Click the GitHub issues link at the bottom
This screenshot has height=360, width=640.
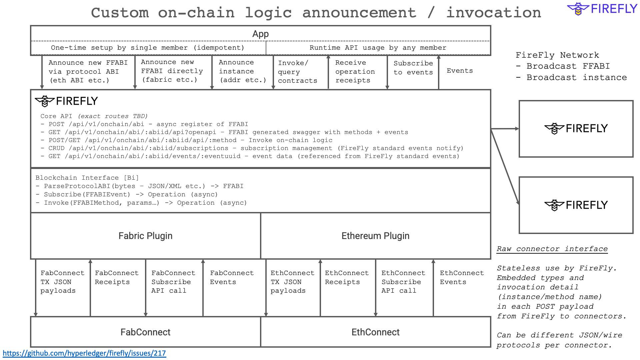pyautogui.click(x=84, y=353)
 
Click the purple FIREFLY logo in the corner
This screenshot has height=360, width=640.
pyautogui.click(x=602, y=9)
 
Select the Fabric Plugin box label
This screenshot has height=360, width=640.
pyautogui.click(x=145, y=236)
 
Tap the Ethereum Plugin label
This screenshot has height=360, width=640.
pyautogui.click(x=375, y=236)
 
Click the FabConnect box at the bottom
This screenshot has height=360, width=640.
pyautogui.click(x=145, y=332)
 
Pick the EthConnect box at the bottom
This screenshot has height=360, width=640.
pyautogui.click(x=375, y=332)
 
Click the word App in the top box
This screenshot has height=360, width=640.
pyautogui.click(x=260, y=34)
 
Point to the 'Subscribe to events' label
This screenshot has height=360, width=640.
pyautogui.click(x=413, y=68)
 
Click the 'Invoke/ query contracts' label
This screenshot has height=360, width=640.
pyautogui.click(x=297, y=72)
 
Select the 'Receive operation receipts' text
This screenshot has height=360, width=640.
pyautogui.click(x=355, y=71)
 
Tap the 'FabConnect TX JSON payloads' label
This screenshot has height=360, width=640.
pyautogui.click(x=62, y=282)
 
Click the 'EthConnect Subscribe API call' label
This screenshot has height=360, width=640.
pyautogui.click(x=403, y=282)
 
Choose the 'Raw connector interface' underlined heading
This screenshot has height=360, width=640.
pyautogui.click(x=552, y=249)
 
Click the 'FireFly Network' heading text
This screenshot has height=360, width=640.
pyautogui.click(x=557, y=55)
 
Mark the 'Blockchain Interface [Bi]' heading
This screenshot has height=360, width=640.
pyautogui.click(x=87, y=178)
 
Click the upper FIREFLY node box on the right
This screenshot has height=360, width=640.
pyautogui.click(x=576, y=129)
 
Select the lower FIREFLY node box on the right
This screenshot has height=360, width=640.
pyautogui.click(x=576, y=205)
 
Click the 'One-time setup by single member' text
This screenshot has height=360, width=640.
pyautogui.click(x=147, y=48)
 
